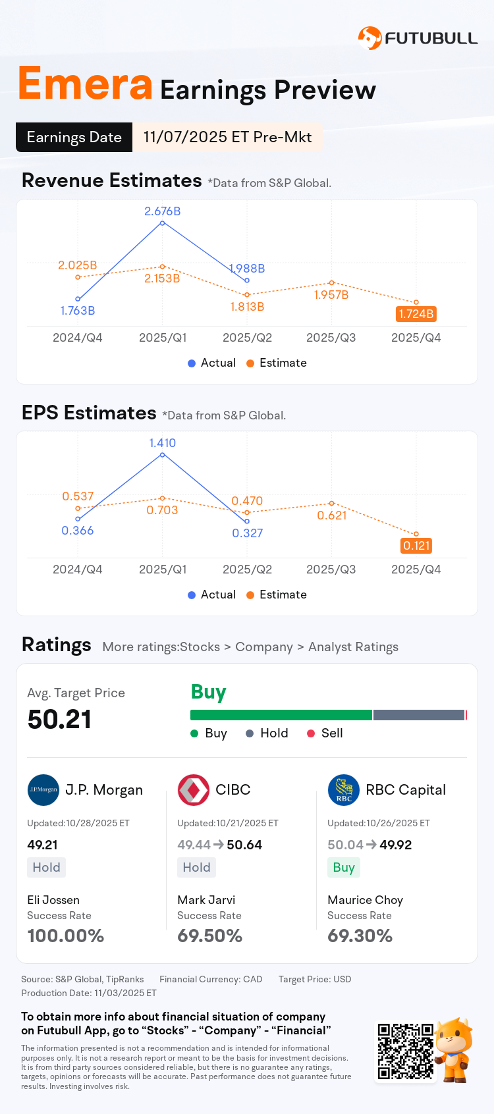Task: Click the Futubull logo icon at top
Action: [x=370, y=38]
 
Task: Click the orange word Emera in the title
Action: [x=85, y=84]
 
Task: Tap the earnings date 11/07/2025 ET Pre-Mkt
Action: [x=227, y=137]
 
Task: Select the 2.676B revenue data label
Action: [x=163, y=211]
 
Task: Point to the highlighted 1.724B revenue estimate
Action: [x=416, y=314]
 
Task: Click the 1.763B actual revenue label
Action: [x=78, y=311]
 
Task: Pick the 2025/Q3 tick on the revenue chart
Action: [x=331, y=338]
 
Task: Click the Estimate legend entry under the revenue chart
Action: [x=277, y=363]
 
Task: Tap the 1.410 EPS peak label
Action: [x=163, y=443]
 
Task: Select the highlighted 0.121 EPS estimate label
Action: [x=416, y=546]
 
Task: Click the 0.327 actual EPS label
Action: [x=248, y=533]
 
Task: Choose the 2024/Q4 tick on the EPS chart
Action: [x=78, y=570]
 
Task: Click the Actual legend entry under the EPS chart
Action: [x=211, y=595]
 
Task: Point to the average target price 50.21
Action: [x=59, y=720]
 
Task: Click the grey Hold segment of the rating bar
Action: [x=419, y=715]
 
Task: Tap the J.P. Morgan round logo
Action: [x=43, y=790]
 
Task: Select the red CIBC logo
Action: [x=194, y=790]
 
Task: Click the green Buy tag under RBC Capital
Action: [x=344, y=868]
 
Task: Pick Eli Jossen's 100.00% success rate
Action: [x=66, y=936]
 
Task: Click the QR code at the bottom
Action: [x=405, y=1051]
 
